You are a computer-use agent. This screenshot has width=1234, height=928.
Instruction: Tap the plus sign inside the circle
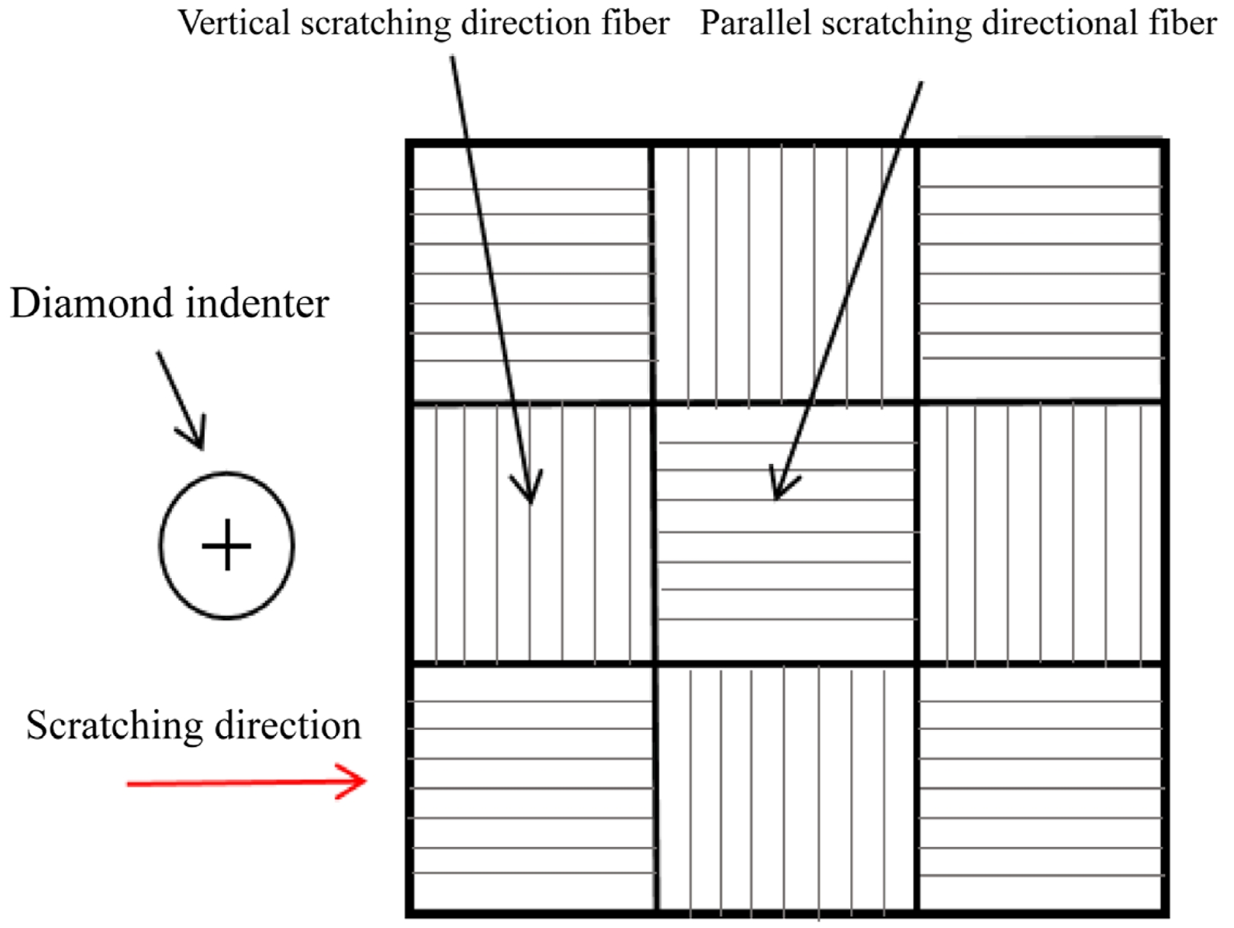click(226, 545)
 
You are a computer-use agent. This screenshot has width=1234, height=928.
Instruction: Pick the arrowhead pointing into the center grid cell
click(781, 486)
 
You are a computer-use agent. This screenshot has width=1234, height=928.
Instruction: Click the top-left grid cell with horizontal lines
click(531, 271)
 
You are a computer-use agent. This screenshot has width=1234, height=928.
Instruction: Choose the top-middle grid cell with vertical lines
click(784, 271)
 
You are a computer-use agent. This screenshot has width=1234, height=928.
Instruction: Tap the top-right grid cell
click(1040, 271)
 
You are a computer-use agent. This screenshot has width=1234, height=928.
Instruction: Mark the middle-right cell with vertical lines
click(1040, 533)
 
